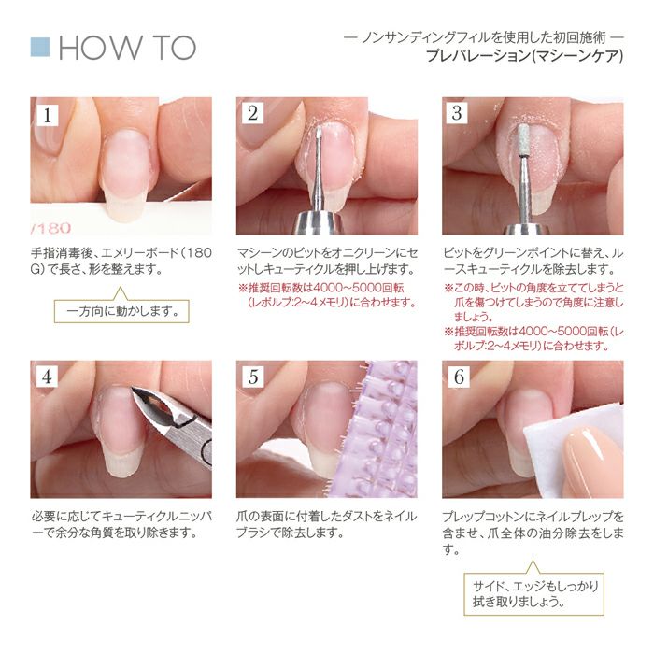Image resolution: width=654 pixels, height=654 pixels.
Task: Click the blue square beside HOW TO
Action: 40,48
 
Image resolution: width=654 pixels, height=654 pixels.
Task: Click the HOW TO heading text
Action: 126,48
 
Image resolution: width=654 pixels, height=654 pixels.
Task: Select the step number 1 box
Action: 48,115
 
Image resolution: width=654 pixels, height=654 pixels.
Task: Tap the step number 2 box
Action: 253,115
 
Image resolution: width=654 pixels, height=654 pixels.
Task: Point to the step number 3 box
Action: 457,115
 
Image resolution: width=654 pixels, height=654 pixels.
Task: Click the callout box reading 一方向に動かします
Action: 121,309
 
